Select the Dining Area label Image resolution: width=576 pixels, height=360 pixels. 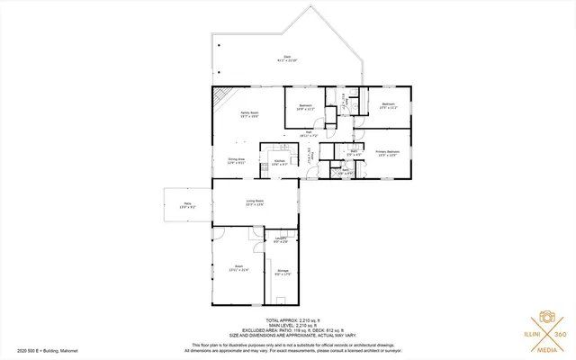237,161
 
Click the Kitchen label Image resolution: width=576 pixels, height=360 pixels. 280,162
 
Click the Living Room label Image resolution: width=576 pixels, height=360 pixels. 255,202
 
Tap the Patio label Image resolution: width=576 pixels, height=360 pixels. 187,205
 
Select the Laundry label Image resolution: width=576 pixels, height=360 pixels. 281,239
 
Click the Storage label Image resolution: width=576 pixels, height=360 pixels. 283,273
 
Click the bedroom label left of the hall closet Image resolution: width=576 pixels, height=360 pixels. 305,107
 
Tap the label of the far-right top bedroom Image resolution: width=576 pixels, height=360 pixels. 388,106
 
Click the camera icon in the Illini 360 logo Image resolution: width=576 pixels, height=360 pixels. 545,318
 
